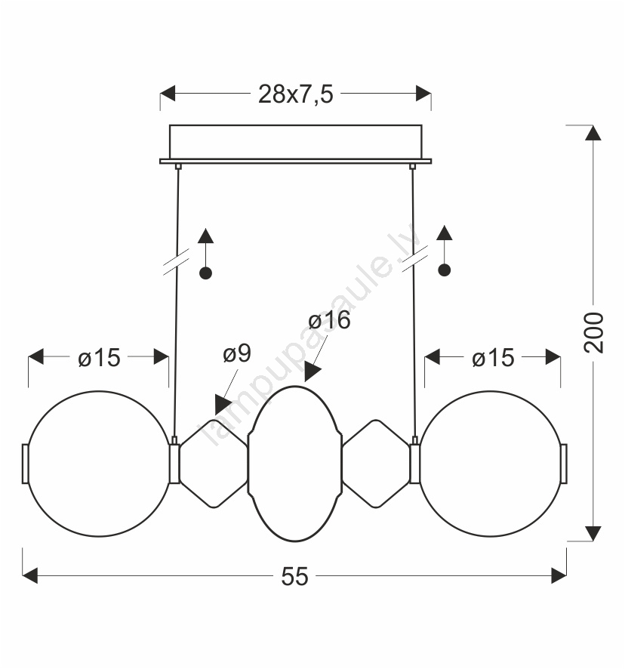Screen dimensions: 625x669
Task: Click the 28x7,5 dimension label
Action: pos(295,94)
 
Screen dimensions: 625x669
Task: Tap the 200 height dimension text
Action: pos(593,332)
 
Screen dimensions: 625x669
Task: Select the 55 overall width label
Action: pos(294,576)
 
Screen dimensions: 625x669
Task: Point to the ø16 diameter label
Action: pos(329,319)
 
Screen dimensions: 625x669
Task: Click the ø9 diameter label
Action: pos(237,353)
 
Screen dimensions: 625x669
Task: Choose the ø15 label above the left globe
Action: pos(99,358)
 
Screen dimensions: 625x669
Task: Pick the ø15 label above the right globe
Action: pos(493,358)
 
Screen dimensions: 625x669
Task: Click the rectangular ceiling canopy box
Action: pos(295,142)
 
